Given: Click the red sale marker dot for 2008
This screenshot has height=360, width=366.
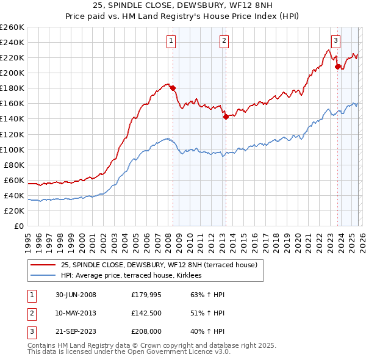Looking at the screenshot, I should click(173, 88).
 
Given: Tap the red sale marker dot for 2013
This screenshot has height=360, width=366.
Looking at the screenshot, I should click(225, 117).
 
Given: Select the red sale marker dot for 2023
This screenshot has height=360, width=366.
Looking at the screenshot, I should click(337, 67).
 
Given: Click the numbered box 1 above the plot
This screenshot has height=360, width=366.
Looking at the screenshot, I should click(170, 41).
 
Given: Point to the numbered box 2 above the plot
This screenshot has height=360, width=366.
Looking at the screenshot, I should click(224, 41).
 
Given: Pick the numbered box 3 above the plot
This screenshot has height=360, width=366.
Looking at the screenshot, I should click(335, 41).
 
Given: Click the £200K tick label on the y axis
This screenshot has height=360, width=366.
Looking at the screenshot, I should click(12, 73).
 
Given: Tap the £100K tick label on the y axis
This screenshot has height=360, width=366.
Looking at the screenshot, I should click(12, 149).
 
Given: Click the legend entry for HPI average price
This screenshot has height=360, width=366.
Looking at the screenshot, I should click(136, 276).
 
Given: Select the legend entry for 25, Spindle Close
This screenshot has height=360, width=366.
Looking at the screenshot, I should click(159, 265).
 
